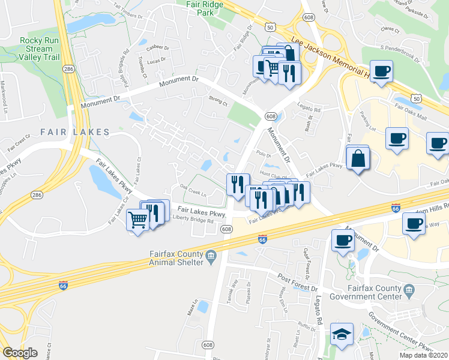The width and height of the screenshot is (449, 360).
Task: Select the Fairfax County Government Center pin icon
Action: pos(409,291)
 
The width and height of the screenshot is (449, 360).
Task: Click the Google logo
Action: pos(20,353)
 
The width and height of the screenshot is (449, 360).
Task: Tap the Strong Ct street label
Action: pos(218,103)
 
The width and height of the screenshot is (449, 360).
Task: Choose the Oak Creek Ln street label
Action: pos(193,193)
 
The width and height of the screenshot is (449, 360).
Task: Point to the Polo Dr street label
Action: pos(260,154)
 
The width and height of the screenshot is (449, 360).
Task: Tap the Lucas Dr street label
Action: pos(155,61)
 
